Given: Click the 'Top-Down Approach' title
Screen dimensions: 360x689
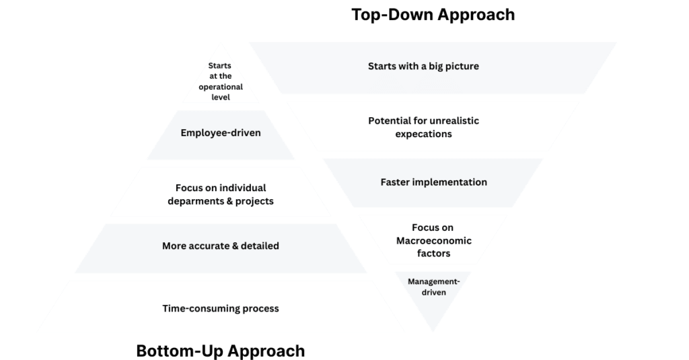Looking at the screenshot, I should click(433, 14).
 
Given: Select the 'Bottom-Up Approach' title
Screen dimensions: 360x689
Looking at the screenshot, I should click(220, 351).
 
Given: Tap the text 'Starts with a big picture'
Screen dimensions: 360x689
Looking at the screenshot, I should click(423, 67).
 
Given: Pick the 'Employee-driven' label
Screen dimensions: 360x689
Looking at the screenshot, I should click(221, 133).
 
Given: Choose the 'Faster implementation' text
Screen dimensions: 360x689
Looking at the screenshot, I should click(433, 182).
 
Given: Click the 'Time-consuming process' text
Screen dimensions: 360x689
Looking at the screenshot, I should click(221, 309).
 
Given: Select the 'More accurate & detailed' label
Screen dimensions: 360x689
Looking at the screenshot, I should click(221, 246).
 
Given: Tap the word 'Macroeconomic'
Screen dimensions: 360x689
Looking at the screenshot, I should click(433, 241).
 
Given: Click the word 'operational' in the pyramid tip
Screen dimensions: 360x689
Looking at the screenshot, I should click(219, 87).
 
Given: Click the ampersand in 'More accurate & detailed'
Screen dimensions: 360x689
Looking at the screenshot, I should click(235, 246).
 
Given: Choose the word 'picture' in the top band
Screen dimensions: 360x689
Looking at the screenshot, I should click(460, 67).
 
